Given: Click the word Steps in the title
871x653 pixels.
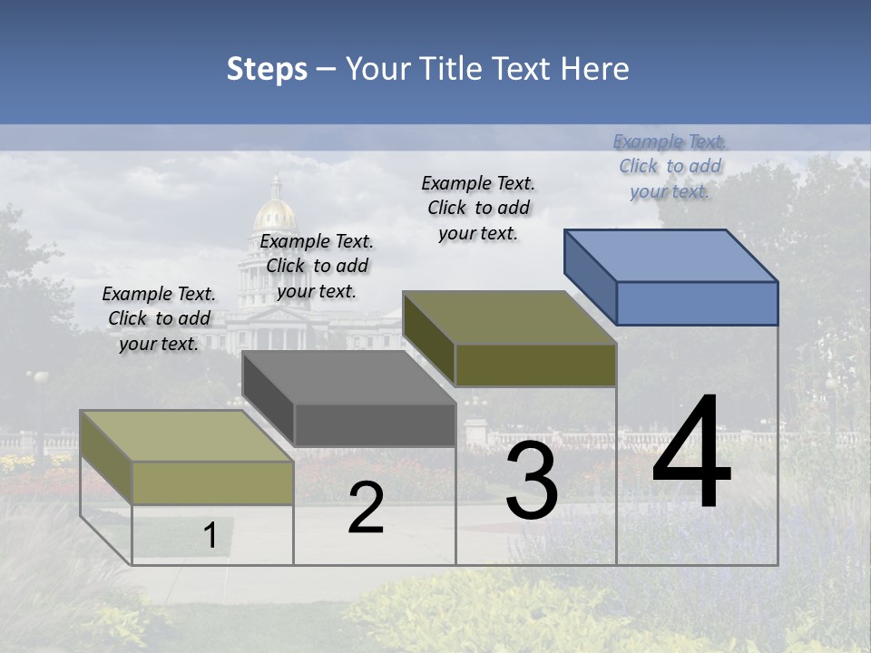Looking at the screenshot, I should tap(267, 69).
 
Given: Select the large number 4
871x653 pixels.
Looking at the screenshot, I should tap(691, 453).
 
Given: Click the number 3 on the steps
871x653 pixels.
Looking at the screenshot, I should tap(532, 481).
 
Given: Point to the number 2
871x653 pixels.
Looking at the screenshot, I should tap(366, 509).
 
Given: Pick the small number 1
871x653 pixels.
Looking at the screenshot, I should tap(210, 535).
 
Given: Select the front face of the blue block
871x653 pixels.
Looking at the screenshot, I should tap(697, 303).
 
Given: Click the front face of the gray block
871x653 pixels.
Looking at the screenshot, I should tap(375, 425).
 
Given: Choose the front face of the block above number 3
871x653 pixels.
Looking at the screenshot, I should tap(535, 365).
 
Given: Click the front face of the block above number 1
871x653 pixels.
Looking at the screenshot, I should tap(212, 482).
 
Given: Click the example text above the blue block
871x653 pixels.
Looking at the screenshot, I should tap(670, 166).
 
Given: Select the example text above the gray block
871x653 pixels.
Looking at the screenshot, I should tap(317, 266).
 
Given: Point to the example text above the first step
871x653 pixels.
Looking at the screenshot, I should tap(159, 318).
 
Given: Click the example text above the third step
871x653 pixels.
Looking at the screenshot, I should tap(478, 208).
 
